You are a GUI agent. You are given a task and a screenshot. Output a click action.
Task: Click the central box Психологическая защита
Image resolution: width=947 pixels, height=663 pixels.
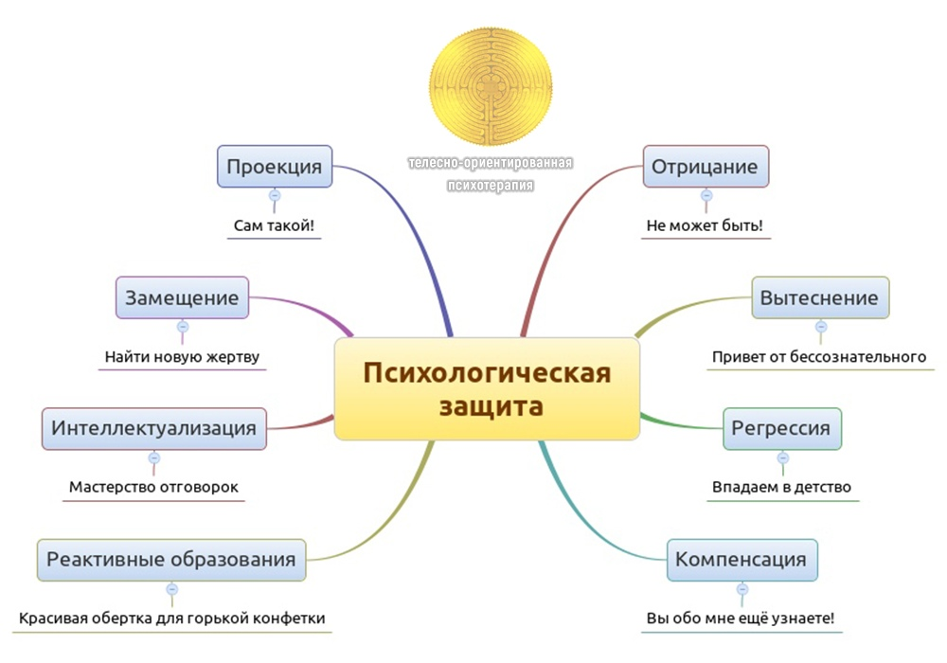tap(487, 388)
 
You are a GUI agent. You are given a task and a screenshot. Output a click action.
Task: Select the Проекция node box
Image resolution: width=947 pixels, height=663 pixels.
tap(275, 167)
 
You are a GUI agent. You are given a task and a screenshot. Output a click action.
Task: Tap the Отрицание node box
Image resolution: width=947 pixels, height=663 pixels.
tap(705, 167)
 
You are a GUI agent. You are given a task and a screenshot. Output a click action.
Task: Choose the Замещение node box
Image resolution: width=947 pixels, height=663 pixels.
tap(183, 297)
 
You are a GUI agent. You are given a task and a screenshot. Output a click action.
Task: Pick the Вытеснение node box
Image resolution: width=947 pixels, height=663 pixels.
tap(820, 297)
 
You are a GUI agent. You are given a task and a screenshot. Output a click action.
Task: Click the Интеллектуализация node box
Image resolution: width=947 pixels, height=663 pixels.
tap(154, 428)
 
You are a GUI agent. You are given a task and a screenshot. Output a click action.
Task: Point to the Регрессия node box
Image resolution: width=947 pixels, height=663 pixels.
tap(781, 428)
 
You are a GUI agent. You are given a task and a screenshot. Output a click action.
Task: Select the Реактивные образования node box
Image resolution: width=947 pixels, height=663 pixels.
tap(171, 559)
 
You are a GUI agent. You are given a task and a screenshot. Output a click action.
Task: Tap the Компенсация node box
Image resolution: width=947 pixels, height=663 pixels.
tap(741, 559)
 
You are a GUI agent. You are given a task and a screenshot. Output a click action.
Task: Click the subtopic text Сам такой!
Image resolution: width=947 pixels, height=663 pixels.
tap(274, 226)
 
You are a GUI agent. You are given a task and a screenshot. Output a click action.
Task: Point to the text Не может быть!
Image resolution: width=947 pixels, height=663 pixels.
tap(705, 226)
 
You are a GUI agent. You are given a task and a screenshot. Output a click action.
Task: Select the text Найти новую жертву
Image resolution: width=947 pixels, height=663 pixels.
tap(182, 357)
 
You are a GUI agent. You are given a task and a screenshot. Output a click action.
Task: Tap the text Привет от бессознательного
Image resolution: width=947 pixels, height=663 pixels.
tap(818, 357)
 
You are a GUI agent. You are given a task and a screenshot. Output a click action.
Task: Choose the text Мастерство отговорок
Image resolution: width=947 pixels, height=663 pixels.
tap(153, 488)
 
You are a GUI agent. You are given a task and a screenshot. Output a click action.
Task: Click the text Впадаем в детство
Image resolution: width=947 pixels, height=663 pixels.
tap(781, 488)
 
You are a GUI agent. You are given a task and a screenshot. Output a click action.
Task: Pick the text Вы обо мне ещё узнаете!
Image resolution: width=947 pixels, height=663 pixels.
tap(741, 618)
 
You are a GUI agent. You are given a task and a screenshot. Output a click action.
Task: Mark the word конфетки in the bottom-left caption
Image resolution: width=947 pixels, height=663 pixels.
tap(286, 618)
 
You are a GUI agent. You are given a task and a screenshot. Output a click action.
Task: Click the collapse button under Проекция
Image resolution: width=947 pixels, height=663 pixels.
tap(275, 196)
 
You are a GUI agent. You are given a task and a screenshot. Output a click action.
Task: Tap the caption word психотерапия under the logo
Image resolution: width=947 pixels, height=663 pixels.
tap(491, 186)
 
